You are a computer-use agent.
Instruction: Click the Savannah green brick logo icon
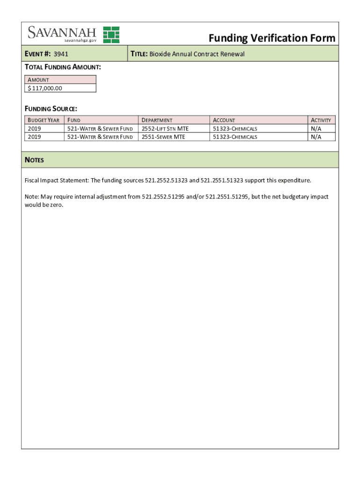111,35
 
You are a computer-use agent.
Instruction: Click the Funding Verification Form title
272,38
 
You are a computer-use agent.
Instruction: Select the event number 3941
61,54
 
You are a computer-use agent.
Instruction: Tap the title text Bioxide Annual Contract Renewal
196,54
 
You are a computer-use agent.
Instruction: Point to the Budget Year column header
43,120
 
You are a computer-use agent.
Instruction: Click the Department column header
157,120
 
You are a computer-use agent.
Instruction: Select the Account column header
224,120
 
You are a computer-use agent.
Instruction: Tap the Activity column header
321,120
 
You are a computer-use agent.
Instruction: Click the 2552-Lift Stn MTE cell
165,129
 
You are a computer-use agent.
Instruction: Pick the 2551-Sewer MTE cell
163,137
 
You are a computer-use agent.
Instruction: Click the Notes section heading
34,160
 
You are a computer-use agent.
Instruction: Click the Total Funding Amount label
63,67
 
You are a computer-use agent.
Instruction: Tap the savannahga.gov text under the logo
80,41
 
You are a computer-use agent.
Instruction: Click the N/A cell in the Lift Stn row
316,129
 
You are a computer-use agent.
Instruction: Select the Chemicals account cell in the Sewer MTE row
235,137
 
